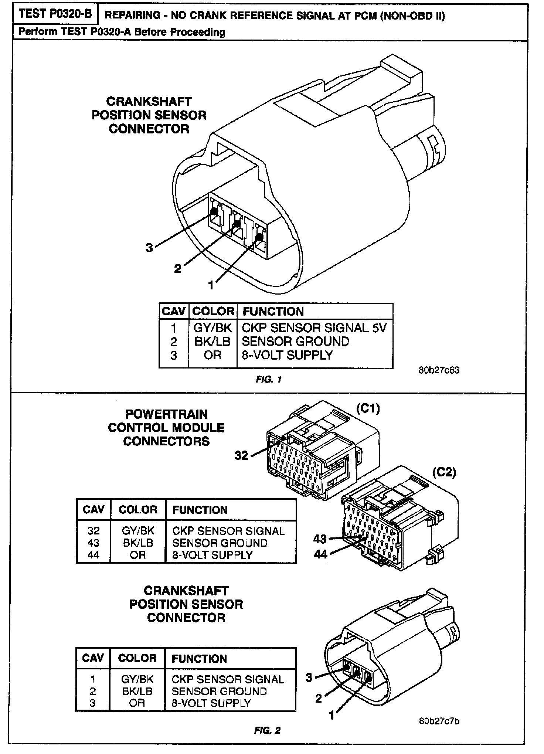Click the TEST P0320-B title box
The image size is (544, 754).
[55, 14]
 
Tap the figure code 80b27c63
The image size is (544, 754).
[439, 370]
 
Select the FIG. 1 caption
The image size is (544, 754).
[269, 380]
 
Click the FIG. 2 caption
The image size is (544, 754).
[267, 730]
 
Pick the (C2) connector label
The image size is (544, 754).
[444, 472]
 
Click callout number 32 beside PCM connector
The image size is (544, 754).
[241, 455]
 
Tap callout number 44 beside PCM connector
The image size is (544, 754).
[320, 554]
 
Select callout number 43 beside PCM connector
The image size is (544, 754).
[320, 539]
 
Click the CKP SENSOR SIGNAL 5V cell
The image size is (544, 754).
[314, 328]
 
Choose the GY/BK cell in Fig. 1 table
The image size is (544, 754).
[212, 328]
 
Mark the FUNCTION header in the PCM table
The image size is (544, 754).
[200, 510]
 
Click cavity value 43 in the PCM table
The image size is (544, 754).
[93, 543]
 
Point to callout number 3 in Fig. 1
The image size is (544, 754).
[149, 248]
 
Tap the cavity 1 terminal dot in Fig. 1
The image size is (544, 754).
[259, 237]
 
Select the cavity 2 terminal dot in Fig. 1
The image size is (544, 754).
[238, 224]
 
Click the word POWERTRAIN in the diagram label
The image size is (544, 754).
[166, 414]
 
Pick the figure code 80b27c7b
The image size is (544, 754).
[439, 721]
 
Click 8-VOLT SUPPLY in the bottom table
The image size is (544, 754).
[211, 703]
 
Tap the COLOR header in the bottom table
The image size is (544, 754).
[137, 658]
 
